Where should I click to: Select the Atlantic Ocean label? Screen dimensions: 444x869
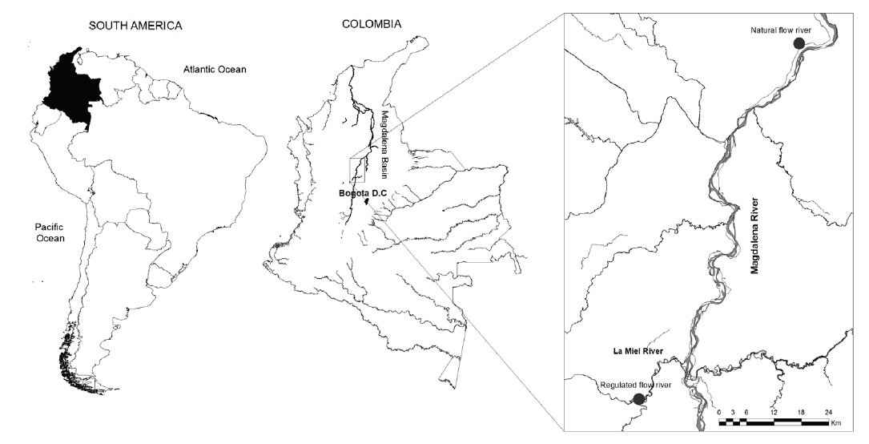tap(214, 70)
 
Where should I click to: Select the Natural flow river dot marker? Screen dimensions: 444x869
tap(798, 43)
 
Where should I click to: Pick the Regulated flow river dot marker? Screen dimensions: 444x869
tap(638, 398)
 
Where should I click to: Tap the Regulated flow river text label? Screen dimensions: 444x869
tap(635, 385)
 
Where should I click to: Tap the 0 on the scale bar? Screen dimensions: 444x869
tap(719, 411)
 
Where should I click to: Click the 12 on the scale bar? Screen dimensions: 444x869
tap(773, 411)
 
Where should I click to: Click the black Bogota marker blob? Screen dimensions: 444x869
tap(368, 202)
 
